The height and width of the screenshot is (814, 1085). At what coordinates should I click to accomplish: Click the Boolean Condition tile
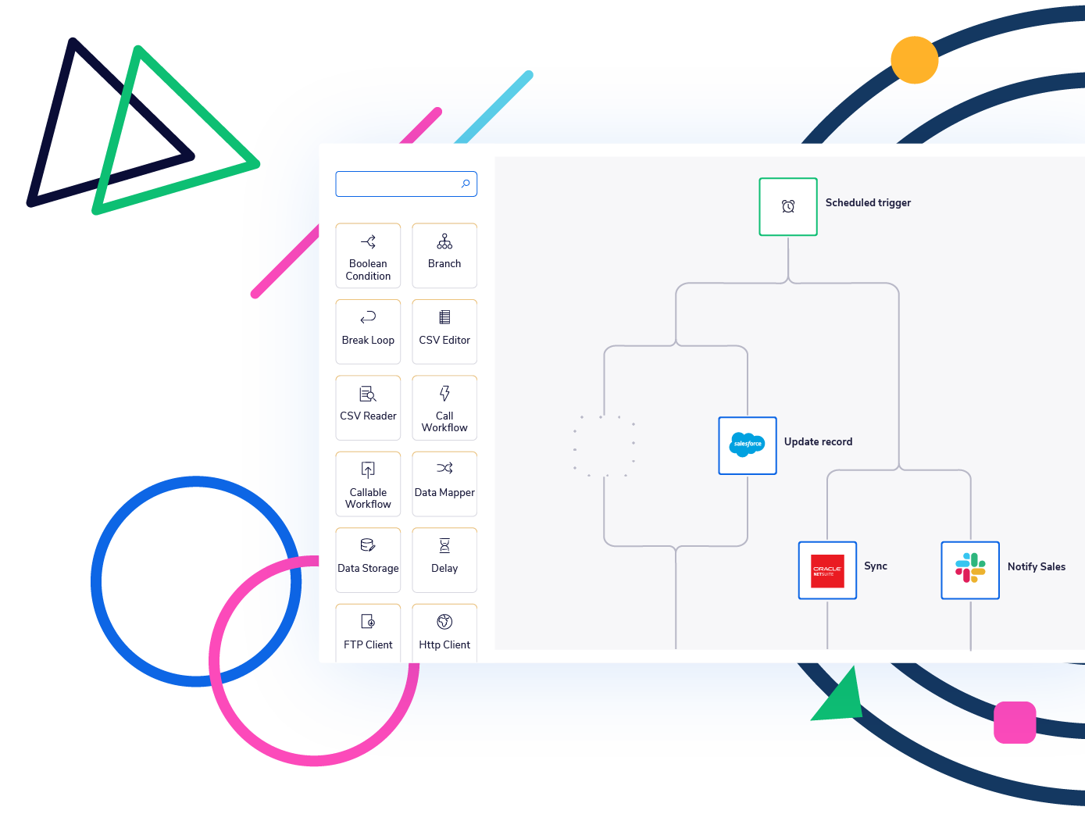point(368,255)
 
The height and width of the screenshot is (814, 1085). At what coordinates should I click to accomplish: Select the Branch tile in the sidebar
point(444,255)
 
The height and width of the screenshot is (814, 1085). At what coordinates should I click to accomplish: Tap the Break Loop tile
point(368,331)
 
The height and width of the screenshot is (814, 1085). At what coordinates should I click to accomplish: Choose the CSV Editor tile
point(444,331)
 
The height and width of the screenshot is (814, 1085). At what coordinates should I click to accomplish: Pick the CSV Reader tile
point(368,407)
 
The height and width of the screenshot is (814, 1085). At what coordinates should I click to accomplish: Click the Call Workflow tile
point(444,407)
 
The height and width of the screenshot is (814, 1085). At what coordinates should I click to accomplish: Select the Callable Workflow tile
point(368,484)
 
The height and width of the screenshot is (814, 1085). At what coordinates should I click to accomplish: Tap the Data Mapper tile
point(444,484)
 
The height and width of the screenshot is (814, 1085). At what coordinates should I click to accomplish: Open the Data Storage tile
point(368,559)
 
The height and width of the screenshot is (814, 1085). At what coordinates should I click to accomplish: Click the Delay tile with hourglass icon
point(444,559)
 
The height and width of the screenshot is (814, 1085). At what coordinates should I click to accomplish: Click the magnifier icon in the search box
point(466,184)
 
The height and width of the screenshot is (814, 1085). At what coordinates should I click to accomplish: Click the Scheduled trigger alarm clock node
point(788,207)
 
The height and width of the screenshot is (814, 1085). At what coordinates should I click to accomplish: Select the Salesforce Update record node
point(748,445)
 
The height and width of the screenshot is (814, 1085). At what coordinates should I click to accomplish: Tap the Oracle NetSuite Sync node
point(827,570)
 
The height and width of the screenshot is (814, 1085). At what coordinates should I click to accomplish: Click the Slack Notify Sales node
point(970,570)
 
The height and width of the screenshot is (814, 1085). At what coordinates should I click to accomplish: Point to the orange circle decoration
point(914,60)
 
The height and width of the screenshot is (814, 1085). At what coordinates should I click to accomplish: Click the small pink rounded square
point(1015,722)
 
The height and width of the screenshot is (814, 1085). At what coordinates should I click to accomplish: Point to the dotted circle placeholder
point(604,445)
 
